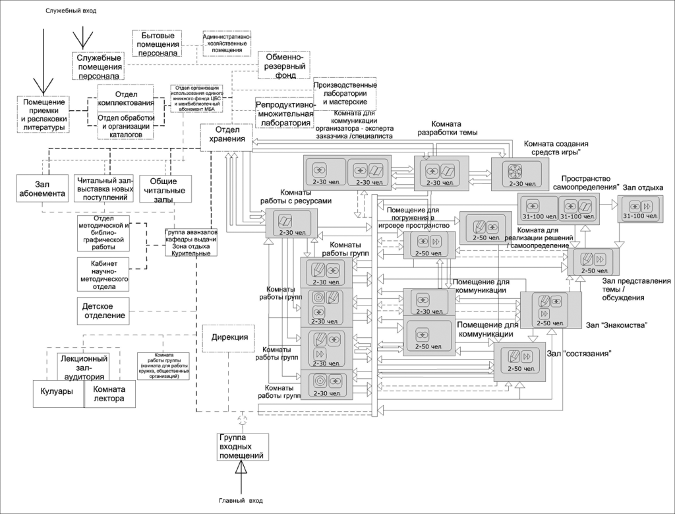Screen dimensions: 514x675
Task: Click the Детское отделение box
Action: coord(103,311)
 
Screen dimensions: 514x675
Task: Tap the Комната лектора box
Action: coord(113,394)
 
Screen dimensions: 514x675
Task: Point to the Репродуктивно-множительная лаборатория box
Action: coord(283,113)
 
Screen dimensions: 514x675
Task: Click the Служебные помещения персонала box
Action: coord(100,67)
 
